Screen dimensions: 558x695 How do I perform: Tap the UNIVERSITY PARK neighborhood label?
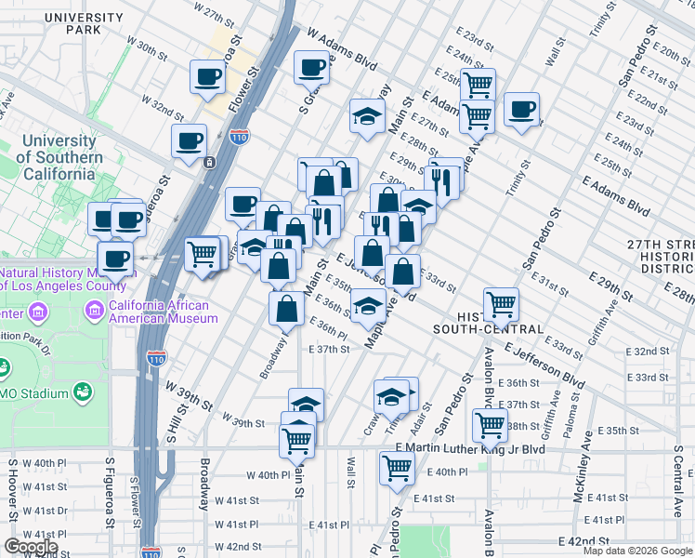coord(71,23)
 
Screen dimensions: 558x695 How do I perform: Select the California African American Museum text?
coord(163,311)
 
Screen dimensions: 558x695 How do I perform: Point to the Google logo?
coord(31,547)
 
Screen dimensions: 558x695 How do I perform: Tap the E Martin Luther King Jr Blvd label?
coord(467,449)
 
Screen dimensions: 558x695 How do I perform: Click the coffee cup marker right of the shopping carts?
coord(521,109)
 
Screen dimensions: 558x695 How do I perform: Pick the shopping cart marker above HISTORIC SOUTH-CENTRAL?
coord(501,302)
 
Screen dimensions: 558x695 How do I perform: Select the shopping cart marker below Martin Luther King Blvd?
coord(397,469)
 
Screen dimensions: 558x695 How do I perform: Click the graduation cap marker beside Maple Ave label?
coord(368,304)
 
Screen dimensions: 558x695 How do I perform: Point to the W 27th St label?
coord(215,15)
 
